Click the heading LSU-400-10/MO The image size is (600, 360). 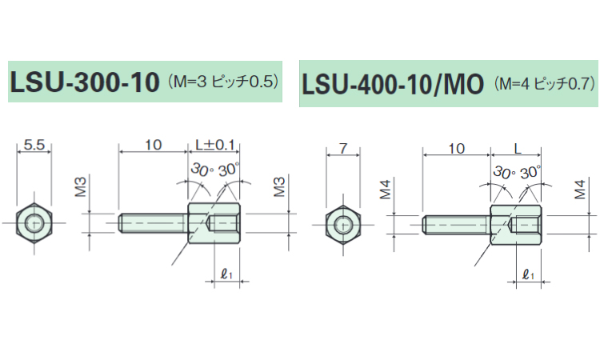coord(393,84)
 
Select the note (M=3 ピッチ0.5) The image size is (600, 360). coord(225,81)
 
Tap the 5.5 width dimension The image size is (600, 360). coord(34,146)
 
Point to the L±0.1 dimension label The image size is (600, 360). coord(215,145)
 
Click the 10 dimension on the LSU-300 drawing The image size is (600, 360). coord(153,145)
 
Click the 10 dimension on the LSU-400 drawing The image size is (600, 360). coord(457,149)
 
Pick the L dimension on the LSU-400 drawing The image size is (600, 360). coord(518,149)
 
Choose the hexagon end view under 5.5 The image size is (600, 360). coord(34,222)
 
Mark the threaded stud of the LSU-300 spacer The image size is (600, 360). coord(153,222)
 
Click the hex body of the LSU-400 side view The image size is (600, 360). coord(517,224)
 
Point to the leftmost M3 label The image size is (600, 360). coord(81,189)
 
